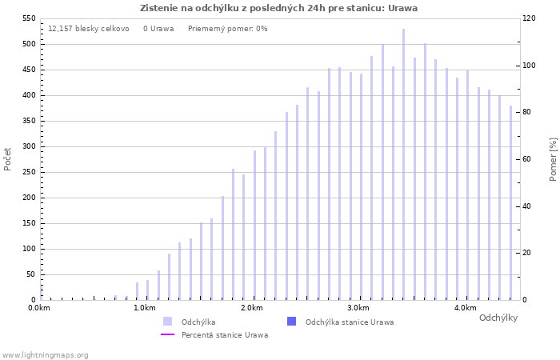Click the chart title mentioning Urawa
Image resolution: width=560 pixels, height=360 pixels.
pos(278,8)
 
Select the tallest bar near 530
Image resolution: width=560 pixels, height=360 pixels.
pos(403,164)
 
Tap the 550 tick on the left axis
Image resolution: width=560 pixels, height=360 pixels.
pos(29,18)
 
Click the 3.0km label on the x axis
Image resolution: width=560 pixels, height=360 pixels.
pos(358,308)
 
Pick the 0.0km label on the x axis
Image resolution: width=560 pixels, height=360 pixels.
pos(39,308)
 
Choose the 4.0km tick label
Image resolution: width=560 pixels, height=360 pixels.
pos(464,308)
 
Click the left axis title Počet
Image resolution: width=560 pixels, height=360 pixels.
pos(8,158)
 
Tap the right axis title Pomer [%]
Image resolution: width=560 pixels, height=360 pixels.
pos(553,158)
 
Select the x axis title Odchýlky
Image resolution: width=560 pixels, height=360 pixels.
pos(498,318)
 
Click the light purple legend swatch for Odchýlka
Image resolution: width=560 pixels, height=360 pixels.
pos(167,322)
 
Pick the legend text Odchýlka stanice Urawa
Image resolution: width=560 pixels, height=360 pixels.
pos(350,322)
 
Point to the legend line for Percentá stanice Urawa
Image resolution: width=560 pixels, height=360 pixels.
pos(167,334)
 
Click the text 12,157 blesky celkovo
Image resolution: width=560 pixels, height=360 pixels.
pos(88,29)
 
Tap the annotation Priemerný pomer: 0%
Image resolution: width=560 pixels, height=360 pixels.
pos(228,29)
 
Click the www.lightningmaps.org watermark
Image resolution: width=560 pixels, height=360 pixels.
pos(45,355)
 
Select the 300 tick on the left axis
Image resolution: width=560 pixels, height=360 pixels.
pos(29,146)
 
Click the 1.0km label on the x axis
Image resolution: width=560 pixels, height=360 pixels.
pos(145,308)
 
